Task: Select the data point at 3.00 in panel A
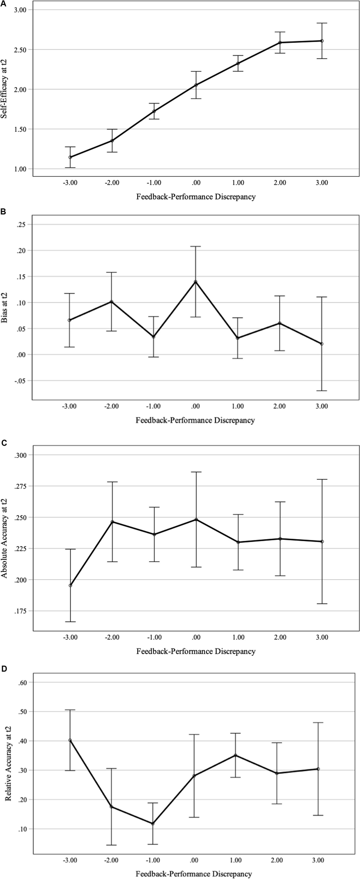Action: [322, 41]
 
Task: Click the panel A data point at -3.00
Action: [70, 157]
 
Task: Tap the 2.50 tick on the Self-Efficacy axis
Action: [20, 50]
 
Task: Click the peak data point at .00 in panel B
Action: [196, 282]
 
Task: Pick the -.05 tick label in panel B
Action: [21, 381]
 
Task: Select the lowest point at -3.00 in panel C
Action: [70, 585]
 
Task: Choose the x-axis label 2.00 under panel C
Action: [280, 637]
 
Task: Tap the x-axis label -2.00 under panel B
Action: [111, 406]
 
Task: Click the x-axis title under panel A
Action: [196, 197]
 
